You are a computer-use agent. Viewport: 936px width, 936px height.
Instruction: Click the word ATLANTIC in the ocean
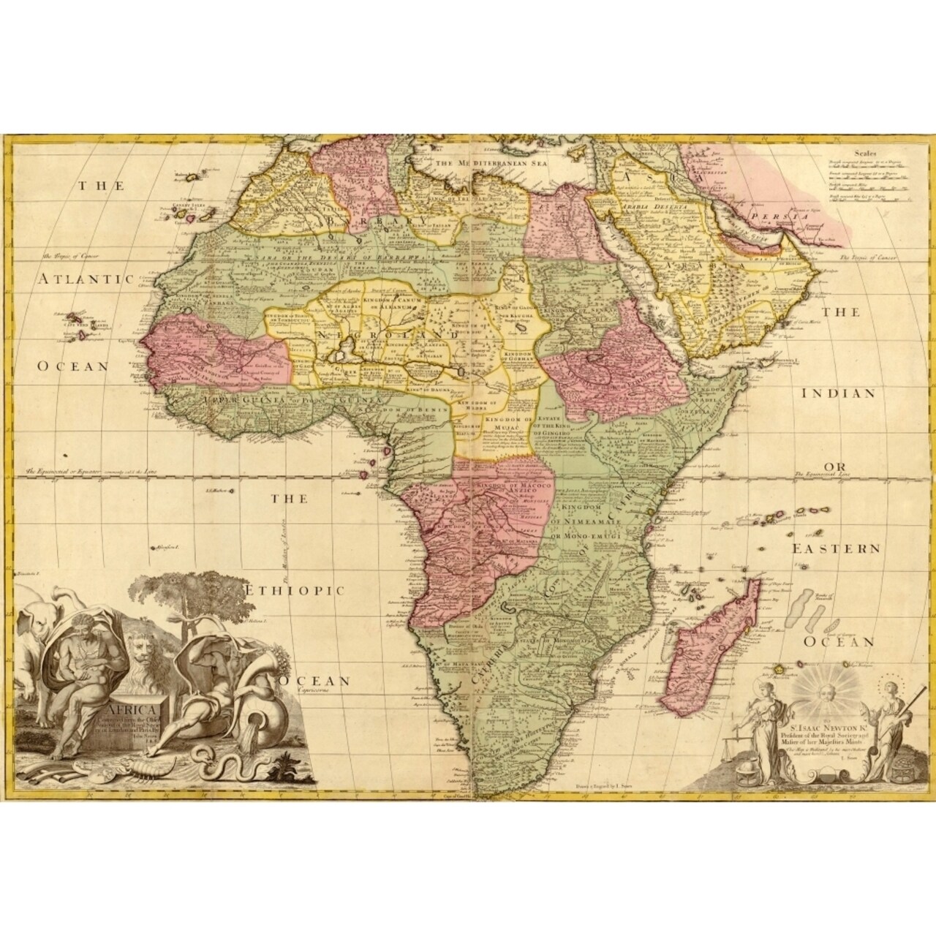point(86,279)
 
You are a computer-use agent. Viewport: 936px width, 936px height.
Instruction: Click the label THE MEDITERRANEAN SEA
point(493,165)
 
